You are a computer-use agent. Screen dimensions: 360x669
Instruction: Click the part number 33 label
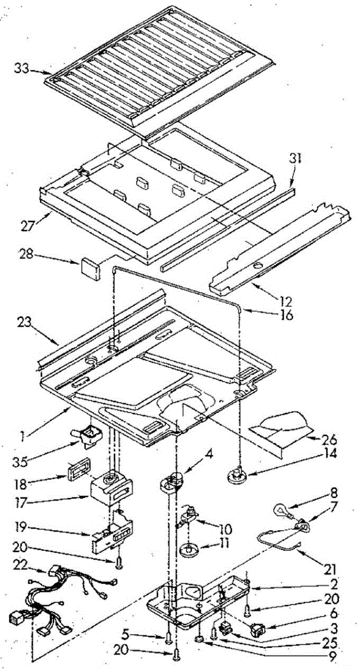coord(22,69)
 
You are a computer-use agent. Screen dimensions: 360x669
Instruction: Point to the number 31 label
coord(295,158)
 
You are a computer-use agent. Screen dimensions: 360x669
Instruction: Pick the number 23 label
coord(25,323)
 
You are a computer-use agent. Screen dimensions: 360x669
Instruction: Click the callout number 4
coord(209,454)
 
